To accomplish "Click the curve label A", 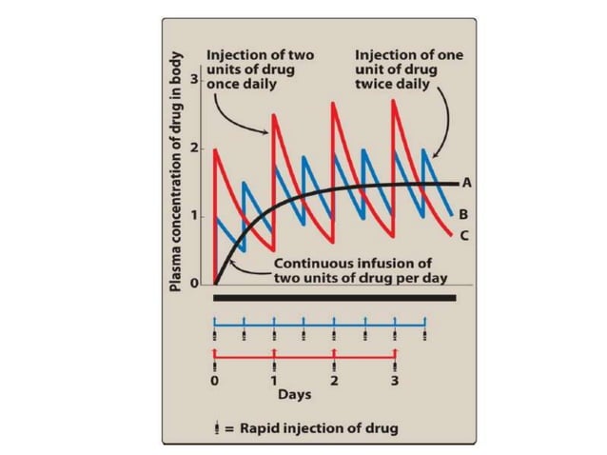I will point(467,182).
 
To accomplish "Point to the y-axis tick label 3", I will point(194,79).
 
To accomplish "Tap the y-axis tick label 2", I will point(194,148).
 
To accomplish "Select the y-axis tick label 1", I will point(194,216).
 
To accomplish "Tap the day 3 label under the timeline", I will point(395,382).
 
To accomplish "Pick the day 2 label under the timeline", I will point(335,382).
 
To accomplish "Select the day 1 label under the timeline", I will point(275,382).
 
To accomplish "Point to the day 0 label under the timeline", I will point(216,382).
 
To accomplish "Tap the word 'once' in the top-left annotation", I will point(225,84).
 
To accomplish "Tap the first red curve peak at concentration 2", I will point(216,149).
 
